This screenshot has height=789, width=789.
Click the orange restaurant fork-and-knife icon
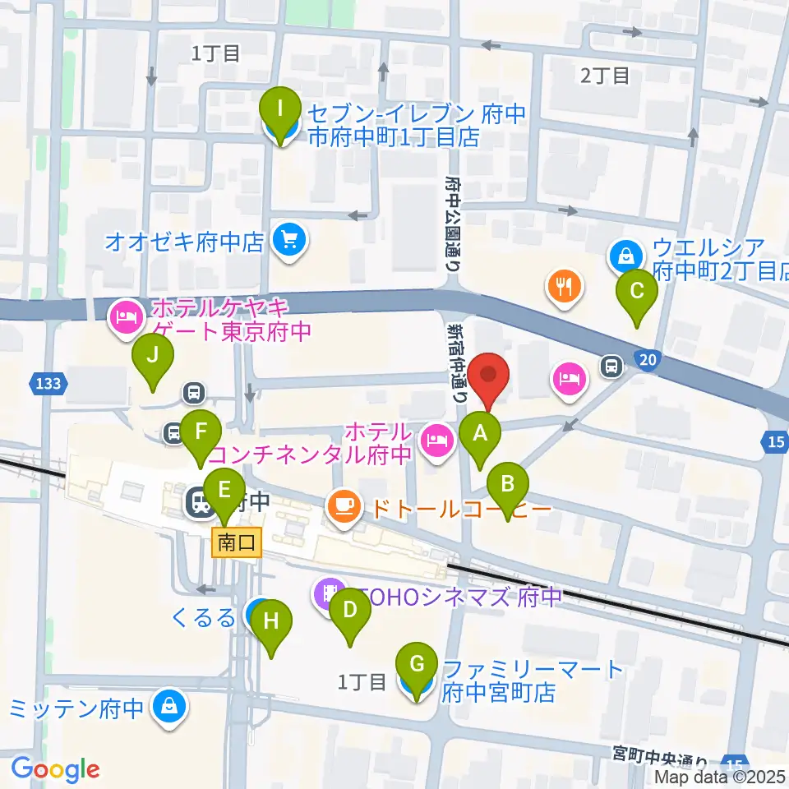[564, 286]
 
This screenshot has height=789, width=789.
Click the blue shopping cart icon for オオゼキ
[289, 241]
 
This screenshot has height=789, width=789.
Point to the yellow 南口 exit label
[237, 542]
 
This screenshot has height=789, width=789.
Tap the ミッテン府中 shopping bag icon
[168, 706]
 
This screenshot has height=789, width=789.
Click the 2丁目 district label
[605, 76]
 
